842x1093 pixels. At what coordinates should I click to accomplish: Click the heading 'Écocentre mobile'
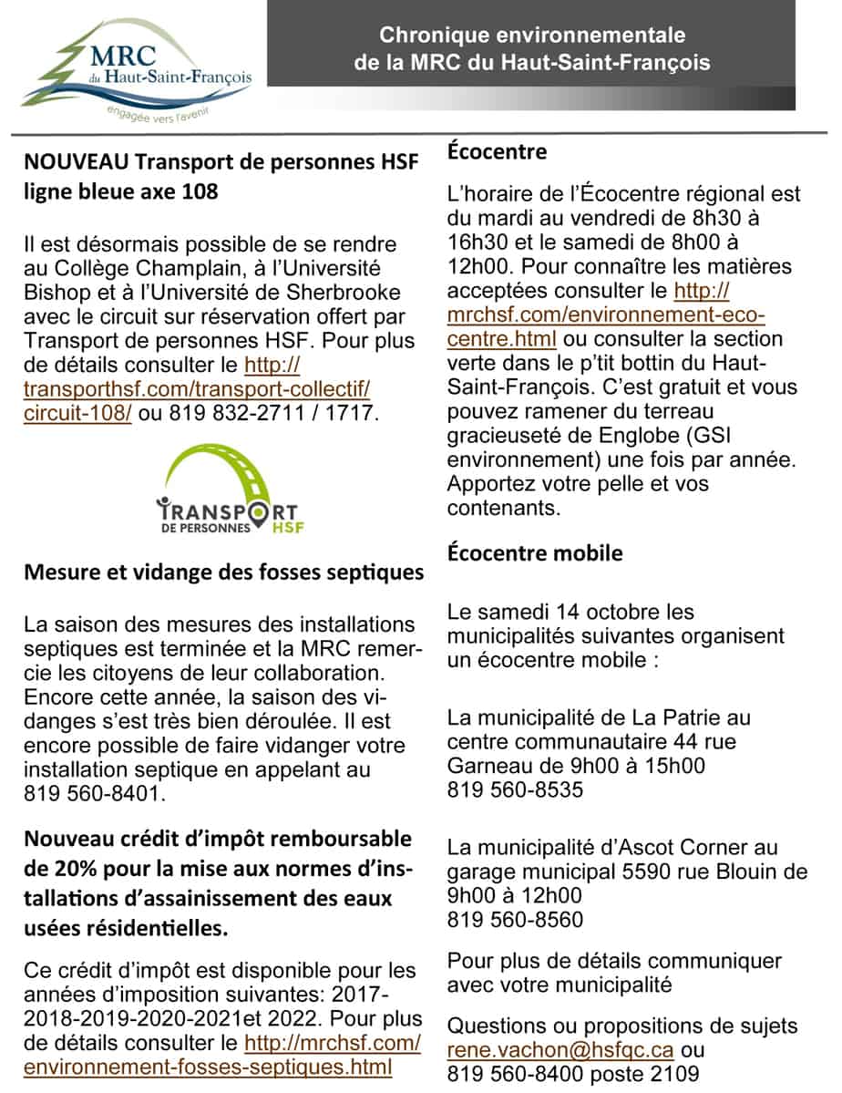[x=535, y=552]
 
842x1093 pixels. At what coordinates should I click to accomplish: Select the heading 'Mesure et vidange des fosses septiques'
[x=223, y=572]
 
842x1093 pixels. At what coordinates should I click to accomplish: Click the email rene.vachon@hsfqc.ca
[x=560, y=1049]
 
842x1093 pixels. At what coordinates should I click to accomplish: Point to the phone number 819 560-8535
[x=515, y=789]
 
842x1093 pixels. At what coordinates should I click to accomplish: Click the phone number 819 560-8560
[x=515, y=919]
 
